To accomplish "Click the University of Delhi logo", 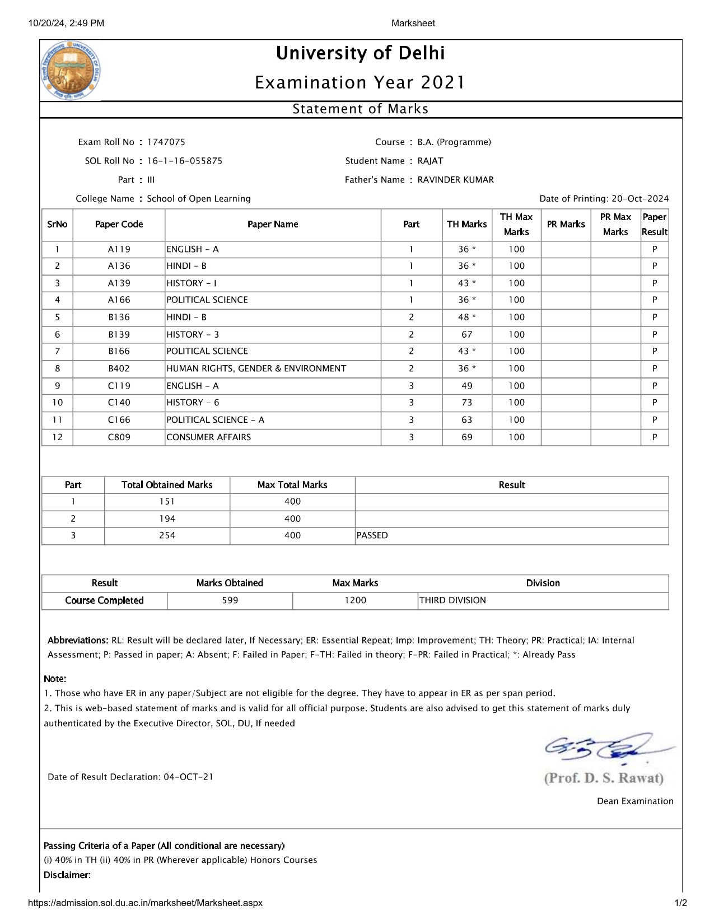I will (x=71, y=71).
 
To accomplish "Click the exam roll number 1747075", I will (x=166, y=142).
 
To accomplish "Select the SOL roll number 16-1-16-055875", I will (x=185, y=161).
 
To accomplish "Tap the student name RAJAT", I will (x=430, y=161).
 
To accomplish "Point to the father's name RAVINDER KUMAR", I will (x=456, y=180).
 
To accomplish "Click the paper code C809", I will (x=119, y=437).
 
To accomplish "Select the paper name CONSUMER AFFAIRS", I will (x=209, y=437).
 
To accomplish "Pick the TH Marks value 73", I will (x=467, y=403).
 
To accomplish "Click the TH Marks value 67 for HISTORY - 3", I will (x=467, y=334).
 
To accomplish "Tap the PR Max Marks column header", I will (x=615, y=224).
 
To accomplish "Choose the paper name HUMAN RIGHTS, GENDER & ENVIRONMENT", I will (x=256, y=368).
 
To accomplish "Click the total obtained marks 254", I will (x=167, y=535).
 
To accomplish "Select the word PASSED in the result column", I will (x=372, y=535).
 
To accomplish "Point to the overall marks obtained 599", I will (x=230, y=600).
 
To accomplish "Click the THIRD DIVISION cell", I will (x=452, y=600).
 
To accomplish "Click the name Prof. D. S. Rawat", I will (x=604, y=778).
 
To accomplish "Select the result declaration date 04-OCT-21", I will (x=188, y=777).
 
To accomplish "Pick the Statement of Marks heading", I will (x=361, y=109).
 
